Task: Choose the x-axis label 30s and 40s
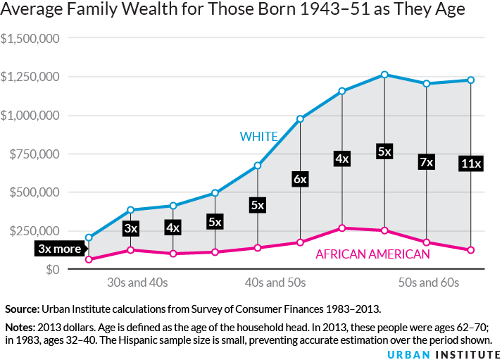tap(137, 283)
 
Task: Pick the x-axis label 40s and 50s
tap(275, 283)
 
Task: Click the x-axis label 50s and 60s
tap(428, 283)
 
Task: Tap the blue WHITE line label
tap(258, 136)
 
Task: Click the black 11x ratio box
tap(470, 164)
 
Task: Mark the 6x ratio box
tap(300, 179)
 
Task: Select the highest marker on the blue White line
tap(384, 75)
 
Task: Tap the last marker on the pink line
tap(470, 250)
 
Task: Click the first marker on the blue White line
tap(89, 238)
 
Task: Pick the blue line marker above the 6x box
tap(300, 119)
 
